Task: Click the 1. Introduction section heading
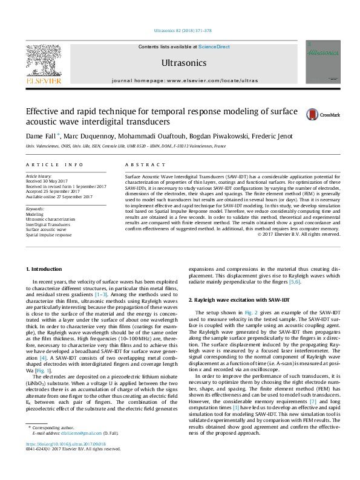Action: pos(45,268)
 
